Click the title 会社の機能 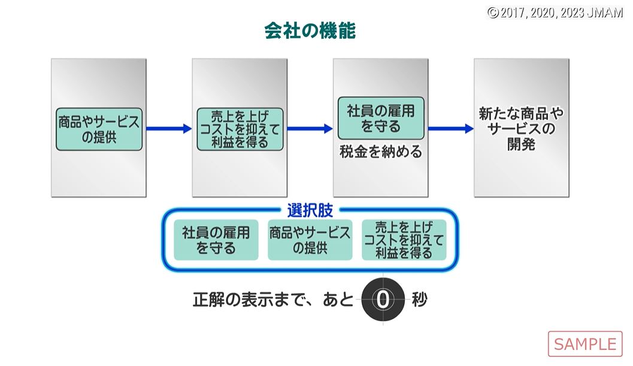tap(310, 31)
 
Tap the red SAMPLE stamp tap(584, 344)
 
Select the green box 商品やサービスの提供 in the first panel tap(99, 129)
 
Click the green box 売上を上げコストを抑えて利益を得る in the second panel tap(240, 129)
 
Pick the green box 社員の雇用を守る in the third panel tap(381, 118)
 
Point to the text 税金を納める tap(380, 152)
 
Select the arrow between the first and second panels tap(168, 129)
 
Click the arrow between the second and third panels tap(310, 129)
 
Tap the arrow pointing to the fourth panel tap(450, 129)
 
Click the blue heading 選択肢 tap(310, 211)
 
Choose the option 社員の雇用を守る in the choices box tap(216, 240)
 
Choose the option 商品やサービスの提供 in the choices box tap(310, 240)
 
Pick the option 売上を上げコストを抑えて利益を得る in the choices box tap(404, 240)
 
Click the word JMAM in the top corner tap(606, 13)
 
